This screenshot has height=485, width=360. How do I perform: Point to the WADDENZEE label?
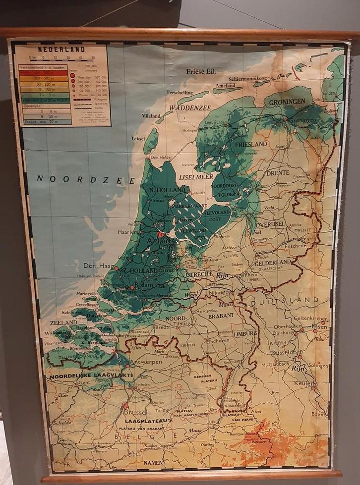click(x=190, y=108)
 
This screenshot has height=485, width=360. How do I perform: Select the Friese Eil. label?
click(x=201, y=71)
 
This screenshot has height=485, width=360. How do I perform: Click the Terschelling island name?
click(x=180, y=93)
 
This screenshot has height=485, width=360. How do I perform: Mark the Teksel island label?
click(x=138, y=139)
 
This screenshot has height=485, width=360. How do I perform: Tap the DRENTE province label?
click(x=278, y=173)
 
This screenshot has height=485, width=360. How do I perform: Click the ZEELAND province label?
click(x=63, y=323)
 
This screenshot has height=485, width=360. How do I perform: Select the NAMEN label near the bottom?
click(x=153, y=463)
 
